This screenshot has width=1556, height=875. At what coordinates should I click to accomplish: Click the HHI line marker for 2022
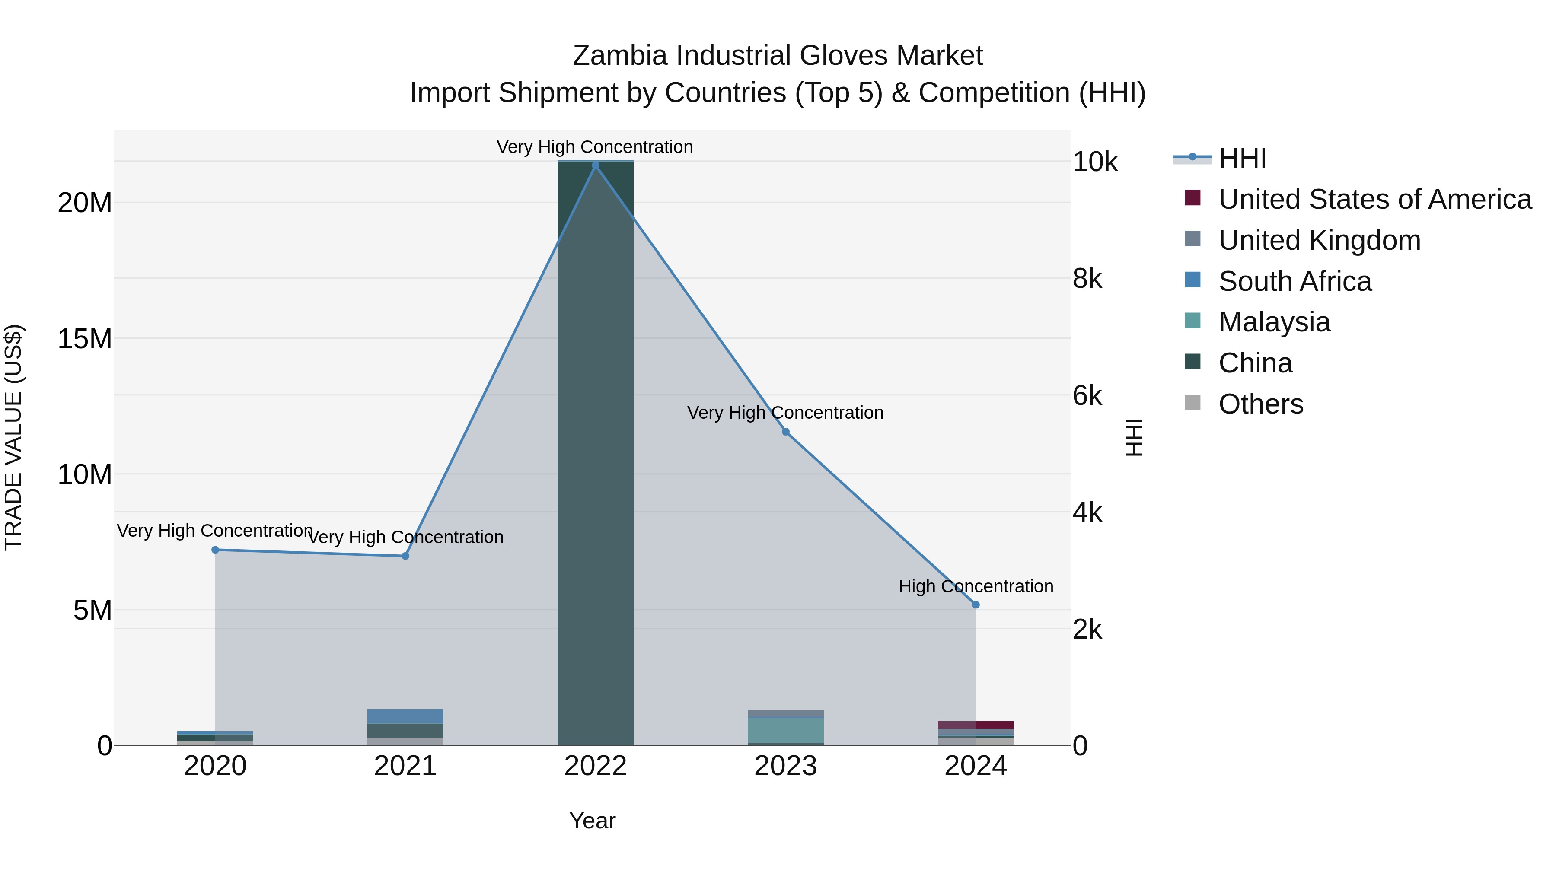pos(595,165)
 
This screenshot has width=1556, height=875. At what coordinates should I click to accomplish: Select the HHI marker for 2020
pos(215,550)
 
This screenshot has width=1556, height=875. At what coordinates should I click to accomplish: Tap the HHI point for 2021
pos(405,556)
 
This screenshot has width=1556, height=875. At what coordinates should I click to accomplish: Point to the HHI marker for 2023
pos(785,432)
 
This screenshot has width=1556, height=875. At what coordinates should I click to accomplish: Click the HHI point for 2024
pos(976,605)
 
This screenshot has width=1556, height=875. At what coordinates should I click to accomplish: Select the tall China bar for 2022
pos(595,453)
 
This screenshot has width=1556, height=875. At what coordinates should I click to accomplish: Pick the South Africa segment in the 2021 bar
pos(405,716)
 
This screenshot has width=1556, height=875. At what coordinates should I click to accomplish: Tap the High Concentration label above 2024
pos(976,586)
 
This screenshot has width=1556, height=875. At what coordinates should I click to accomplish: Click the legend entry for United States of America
pos(1374,199)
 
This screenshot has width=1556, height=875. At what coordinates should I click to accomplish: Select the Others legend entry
pos(1261,404)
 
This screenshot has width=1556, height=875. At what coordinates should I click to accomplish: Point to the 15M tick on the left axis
pos(85,339)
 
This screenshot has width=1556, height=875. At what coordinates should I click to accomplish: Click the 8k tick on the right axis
pos(1087,279)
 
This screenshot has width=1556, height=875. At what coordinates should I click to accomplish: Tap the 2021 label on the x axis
pos(405,766)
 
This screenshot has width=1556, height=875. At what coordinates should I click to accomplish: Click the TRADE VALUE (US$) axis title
pos(13,437)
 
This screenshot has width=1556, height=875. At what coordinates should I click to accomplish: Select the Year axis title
pos(592,821)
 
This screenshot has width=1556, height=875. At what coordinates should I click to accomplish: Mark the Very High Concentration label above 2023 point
pos(785,413)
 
